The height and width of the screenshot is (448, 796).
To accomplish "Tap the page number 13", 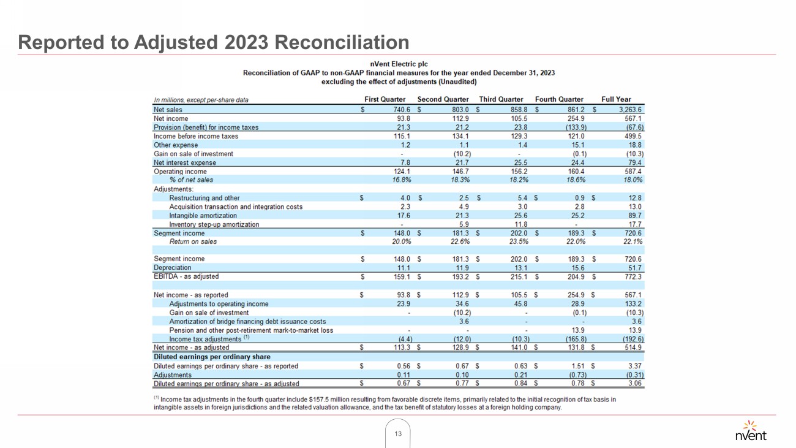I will tap(398, 434).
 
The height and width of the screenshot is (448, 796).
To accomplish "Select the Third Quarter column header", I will tap(501, 99).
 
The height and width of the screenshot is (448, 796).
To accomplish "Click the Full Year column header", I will tap(616, 99).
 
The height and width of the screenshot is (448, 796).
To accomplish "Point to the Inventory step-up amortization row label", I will tap(214, 224).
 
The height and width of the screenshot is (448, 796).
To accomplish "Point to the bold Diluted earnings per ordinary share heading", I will tap(212, 357).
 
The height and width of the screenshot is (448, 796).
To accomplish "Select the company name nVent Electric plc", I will tap(399, 64).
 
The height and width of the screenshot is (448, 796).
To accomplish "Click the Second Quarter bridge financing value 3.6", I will tap(464, 321).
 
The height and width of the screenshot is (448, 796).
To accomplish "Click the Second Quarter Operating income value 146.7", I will tap(460, 172).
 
